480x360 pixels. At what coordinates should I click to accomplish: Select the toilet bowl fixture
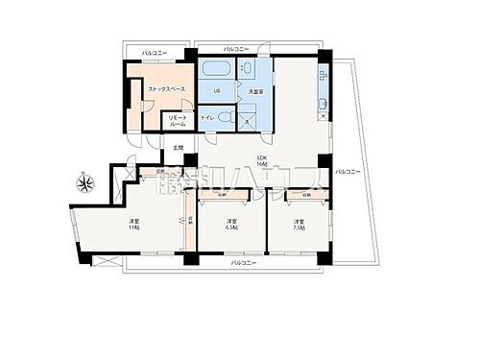[226, 115]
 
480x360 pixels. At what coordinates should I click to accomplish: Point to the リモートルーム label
[179, 122]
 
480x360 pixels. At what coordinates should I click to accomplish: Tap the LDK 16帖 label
[261, 161]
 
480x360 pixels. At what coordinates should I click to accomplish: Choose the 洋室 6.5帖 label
[231, 227]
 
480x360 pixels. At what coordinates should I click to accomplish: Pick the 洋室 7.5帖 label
[300, 227]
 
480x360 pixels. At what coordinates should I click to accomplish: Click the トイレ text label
[208, 117]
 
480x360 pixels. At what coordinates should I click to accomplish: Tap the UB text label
[217, 91]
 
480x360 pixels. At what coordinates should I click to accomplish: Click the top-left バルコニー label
[155, 52]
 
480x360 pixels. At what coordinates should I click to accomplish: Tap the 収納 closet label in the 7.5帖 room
[306, 195]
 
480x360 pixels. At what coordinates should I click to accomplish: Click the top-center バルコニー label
[236, 47]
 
